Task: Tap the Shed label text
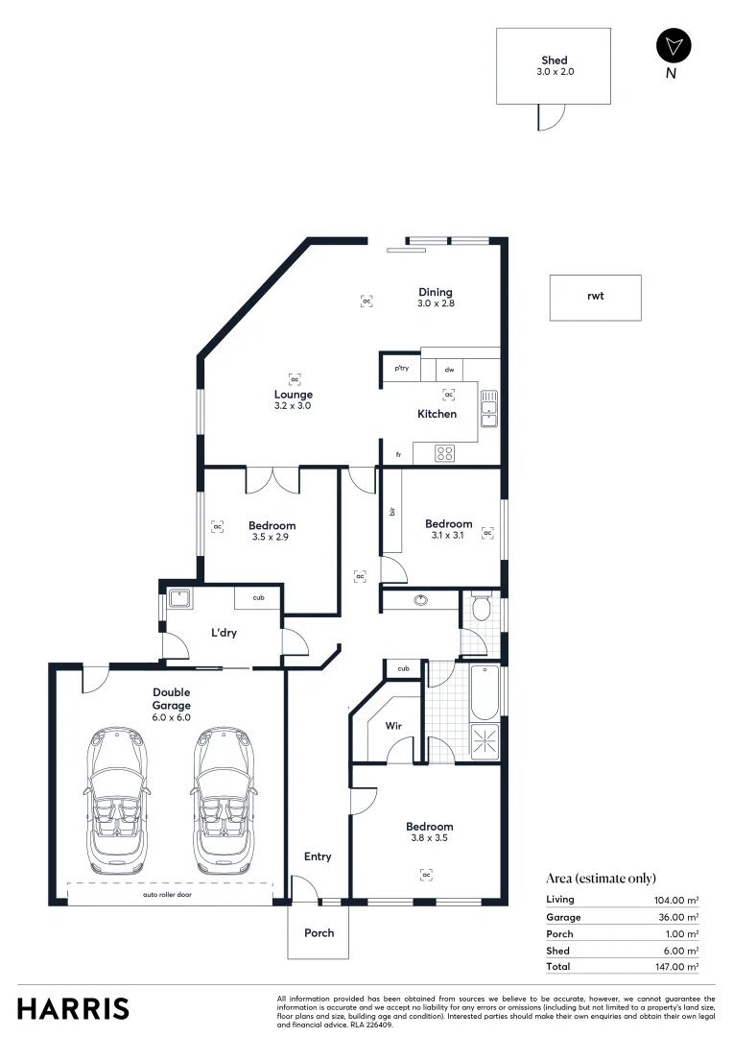coord(554,60)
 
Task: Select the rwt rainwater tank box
coord(595,297)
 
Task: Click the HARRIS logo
coord(73,1008)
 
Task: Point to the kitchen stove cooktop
coord(445,453)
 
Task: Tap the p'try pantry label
coord(401,369)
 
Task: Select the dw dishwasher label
coord(449,369)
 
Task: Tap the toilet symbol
coord(482,609)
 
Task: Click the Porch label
coord(319,932)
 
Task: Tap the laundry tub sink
coord(178,599)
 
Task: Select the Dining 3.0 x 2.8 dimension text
coord(435,303)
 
